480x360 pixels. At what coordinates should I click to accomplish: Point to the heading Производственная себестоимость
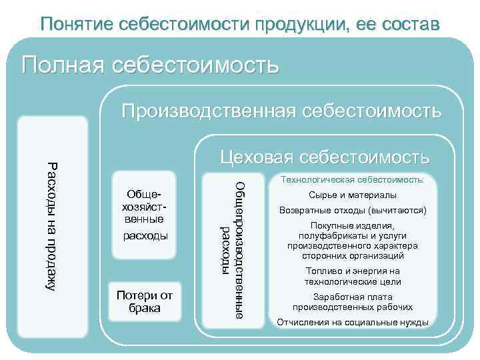[281, 110]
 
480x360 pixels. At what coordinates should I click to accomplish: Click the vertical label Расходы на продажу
[52, 225]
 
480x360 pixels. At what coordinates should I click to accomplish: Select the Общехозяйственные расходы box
[145, 215]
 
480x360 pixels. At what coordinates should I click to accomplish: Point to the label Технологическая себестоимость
[353, 180]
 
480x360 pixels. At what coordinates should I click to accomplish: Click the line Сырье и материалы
[353, 195]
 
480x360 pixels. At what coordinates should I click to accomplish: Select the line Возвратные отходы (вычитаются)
[353, 211]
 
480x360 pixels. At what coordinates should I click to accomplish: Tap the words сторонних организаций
[353, 255]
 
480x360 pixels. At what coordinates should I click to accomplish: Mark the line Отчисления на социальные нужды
[353, 323]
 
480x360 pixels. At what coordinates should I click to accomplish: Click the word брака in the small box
[145, 309]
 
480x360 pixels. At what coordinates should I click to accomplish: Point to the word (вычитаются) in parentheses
[393, 211]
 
